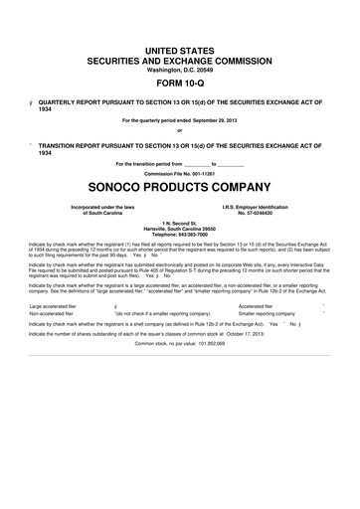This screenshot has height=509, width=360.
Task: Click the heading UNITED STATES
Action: (x=179, y=49)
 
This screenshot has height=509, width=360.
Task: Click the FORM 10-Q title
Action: (x=179, y=83)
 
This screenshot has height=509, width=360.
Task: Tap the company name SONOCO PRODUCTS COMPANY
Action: (x=179, y=187)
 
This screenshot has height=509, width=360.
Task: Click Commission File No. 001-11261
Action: (x=179, y=173)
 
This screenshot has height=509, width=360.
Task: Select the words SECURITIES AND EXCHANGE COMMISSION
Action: (x=179, y=58)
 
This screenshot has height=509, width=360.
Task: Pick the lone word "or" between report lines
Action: (x=179, y=130)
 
